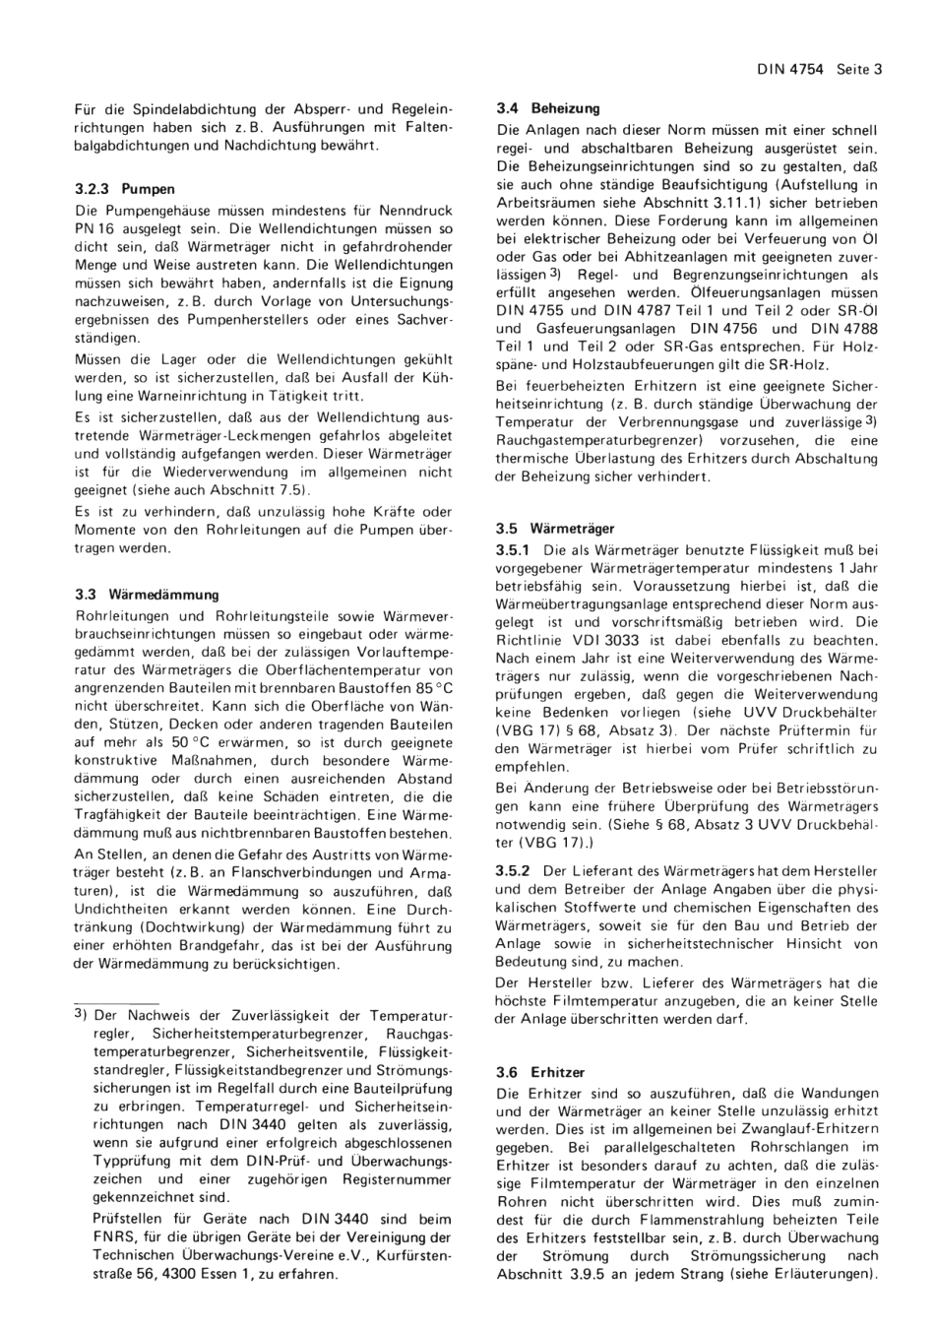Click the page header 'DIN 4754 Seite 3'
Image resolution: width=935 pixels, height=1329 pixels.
[x=820, y=69]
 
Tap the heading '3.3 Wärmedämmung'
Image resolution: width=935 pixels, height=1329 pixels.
[x=147, y=595]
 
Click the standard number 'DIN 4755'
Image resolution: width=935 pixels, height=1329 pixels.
[x=529, y=310]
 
